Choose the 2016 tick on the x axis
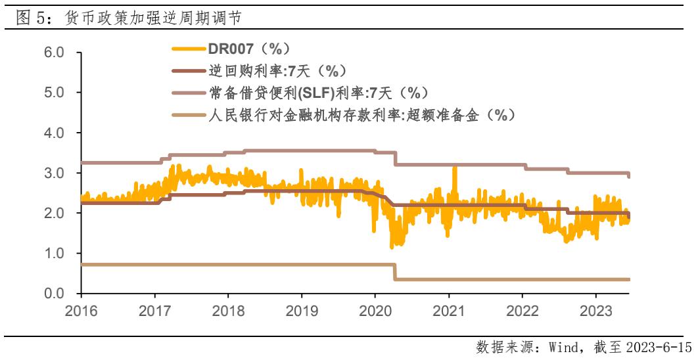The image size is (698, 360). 81,309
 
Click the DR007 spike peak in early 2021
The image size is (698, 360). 454,168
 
